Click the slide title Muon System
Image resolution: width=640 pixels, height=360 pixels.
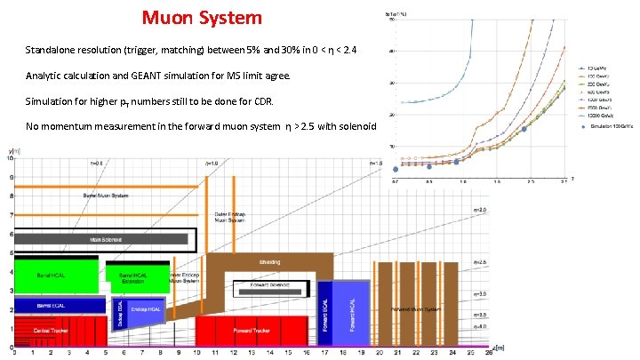tap(202, 17)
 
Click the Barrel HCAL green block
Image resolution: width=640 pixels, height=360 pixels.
tap(52, 276)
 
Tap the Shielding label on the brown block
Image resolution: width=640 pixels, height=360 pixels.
tap(270, 262)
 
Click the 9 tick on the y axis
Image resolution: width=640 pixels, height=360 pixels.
tap(11, 178)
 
